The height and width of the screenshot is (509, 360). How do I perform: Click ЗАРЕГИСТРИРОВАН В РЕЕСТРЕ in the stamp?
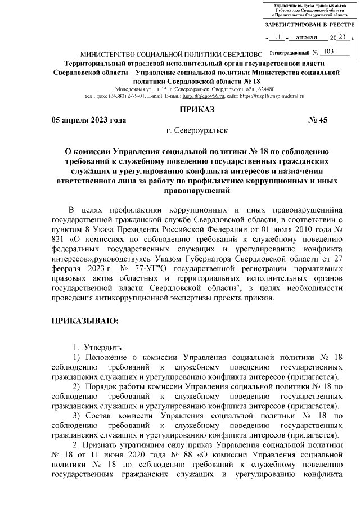[309, 25]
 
